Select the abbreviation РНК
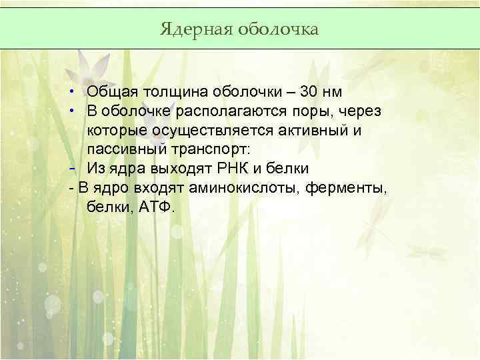coord(229,169)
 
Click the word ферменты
coord(345,188)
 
